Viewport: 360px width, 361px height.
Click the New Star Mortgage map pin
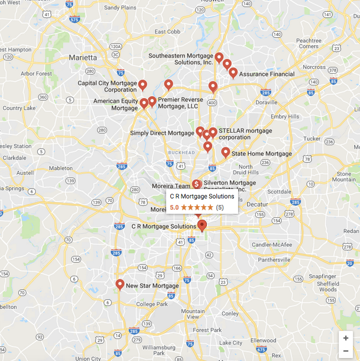coord(120,284)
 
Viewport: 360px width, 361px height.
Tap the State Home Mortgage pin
coord(226,153)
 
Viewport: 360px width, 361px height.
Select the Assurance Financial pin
coord(233,73)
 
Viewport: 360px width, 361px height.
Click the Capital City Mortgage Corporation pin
coord(142,85)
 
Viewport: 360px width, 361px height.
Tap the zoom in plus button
coord(346,338)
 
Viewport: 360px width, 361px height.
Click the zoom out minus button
coord(346,351)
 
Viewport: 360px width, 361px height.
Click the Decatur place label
coord(257,204)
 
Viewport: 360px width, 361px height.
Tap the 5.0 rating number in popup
coord(174,207)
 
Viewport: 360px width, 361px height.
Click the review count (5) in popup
coord(220,207)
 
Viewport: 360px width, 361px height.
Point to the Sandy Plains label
coord(120,8)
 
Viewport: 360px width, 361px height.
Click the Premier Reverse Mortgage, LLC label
coord(180,103)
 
